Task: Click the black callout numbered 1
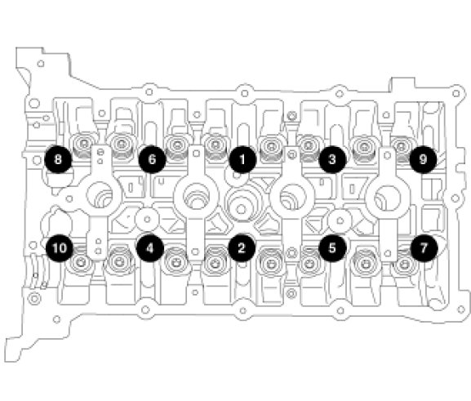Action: tap(242, 159)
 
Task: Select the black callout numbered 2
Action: tap(242, 248)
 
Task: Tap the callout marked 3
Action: tap(332, 159)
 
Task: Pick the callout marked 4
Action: tap(150, 248)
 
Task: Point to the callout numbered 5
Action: tap(332, 248)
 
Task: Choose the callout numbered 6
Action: tap(152, 159)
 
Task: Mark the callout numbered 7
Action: tap(424, 248)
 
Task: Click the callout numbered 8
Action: tap(58, 159)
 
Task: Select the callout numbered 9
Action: tap(423, 159)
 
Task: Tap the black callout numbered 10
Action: tap(60, 248)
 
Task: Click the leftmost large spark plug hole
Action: tap(100, 194)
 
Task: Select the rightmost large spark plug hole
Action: tap(388, 198)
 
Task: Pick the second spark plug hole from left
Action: tap(196, 196)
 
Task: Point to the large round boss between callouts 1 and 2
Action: tap(241, 207)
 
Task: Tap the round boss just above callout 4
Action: tap(147, 219)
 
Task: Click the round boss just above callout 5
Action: tap(340, 221)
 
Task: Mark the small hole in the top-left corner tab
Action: tap(41, 64)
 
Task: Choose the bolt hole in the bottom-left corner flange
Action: tap(56, 319)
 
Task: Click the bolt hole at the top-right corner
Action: tap(456, 93)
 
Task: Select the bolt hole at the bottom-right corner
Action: tap(461, 310)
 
